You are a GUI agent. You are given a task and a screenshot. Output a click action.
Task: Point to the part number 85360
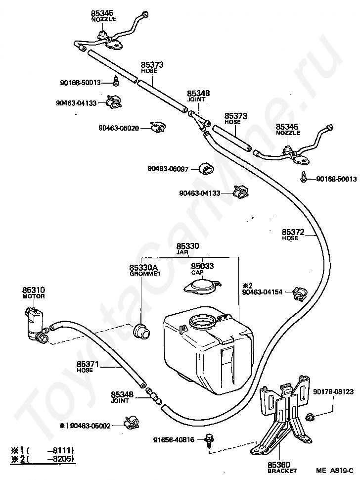(278, 465)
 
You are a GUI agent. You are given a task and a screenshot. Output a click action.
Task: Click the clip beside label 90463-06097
(207, 168)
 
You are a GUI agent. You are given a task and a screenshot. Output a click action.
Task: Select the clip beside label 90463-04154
(298, 293)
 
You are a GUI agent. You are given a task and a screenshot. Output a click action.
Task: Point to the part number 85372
(293, 232)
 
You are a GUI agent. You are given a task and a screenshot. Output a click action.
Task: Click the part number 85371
(89, 365)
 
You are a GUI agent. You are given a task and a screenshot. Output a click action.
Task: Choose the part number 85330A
(140, 268)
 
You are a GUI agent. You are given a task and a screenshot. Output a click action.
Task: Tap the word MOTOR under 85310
(34, 296)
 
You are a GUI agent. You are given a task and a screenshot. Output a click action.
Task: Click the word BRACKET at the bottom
(278, 471)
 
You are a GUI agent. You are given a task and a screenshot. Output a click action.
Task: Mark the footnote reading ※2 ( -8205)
(40, 459)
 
